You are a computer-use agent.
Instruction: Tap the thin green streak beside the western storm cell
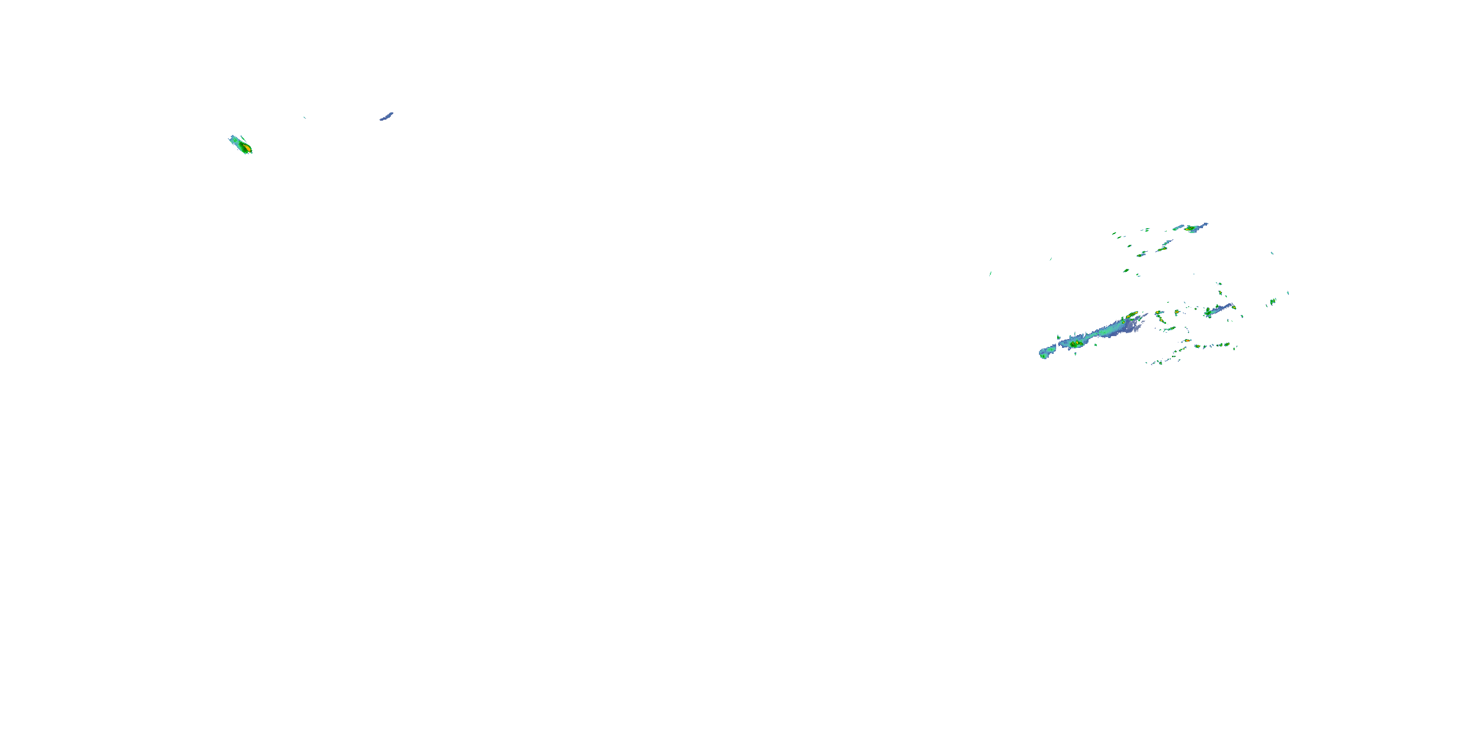pyautogui.click(x=244, y=139)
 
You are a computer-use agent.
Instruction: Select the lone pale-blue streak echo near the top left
pyautogui.click(x=386, y=117)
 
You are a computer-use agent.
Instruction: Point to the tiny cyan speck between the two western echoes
pyautogui.click(x=304, y=117)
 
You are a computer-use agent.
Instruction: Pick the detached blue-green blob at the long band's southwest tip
pyautogui.click(x=1044, y=354)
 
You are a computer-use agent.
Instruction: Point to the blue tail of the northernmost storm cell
pyautogui.click(x=1202, y=225)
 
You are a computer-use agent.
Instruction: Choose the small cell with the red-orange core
pyautogui.click(x=1187, y=341)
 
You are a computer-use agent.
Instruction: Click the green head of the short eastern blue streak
pyautogui.click(x=1208, y=313)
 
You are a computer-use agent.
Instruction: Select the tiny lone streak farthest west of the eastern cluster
pyautogui.click(x=990, y=274)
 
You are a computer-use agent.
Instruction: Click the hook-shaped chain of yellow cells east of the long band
pyautogui.click(x=1161, y=320)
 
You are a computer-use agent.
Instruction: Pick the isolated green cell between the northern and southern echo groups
pyautogui.click(x=1125, y=270)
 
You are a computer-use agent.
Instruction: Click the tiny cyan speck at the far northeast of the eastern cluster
pyautogui.click(x=1272, y=253)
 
